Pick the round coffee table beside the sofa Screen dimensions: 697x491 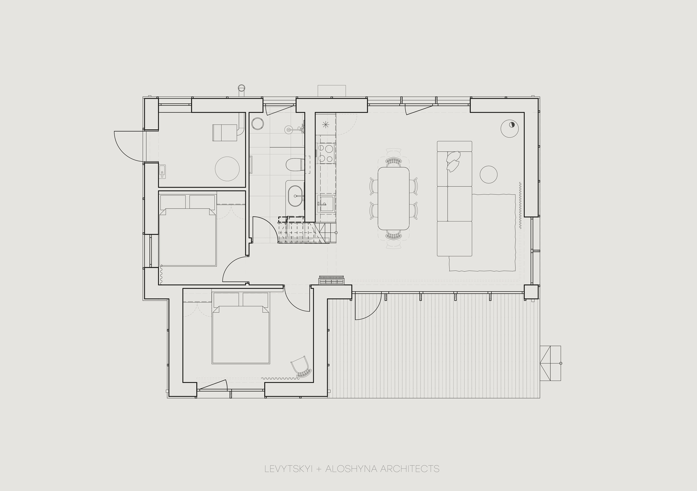[488, 175]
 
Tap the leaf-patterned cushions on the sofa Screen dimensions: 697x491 [453, 161]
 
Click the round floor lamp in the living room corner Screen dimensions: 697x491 [509, 129]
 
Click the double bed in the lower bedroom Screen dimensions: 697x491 [241, 328]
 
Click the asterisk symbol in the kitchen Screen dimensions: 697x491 [325, 124]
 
